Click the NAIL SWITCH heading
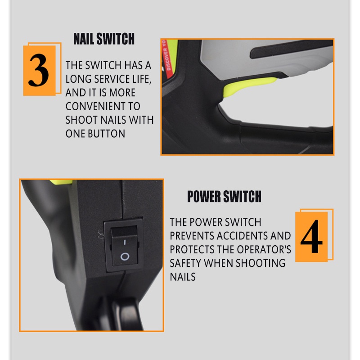tap(104, 39)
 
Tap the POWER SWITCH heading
tap(224, 196)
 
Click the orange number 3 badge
tap(40, 71)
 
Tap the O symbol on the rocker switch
tap(125, 256)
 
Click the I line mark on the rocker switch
tap(125, 242)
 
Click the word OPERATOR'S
tap(264, 250)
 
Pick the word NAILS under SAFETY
tap(183, 277)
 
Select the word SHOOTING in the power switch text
tap(261, 263)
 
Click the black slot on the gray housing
tap(291, 48)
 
